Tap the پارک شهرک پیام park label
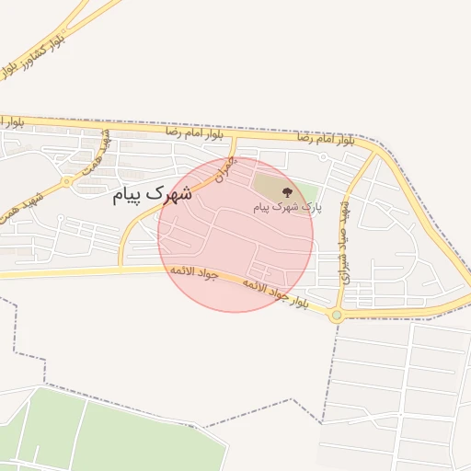click(x=288, y=209)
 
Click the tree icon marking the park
click(x=288, y=192)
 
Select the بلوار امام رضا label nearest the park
click(x=326, y=138)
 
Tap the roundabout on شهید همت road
click(x=67, y=182)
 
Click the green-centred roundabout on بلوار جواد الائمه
click(x=338, y=316)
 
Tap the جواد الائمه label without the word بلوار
click(x=192, y=274)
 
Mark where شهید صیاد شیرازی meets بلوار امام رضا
click(x=376, y=150)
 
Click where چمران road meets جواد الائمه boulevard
click(x=121, y=269)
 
